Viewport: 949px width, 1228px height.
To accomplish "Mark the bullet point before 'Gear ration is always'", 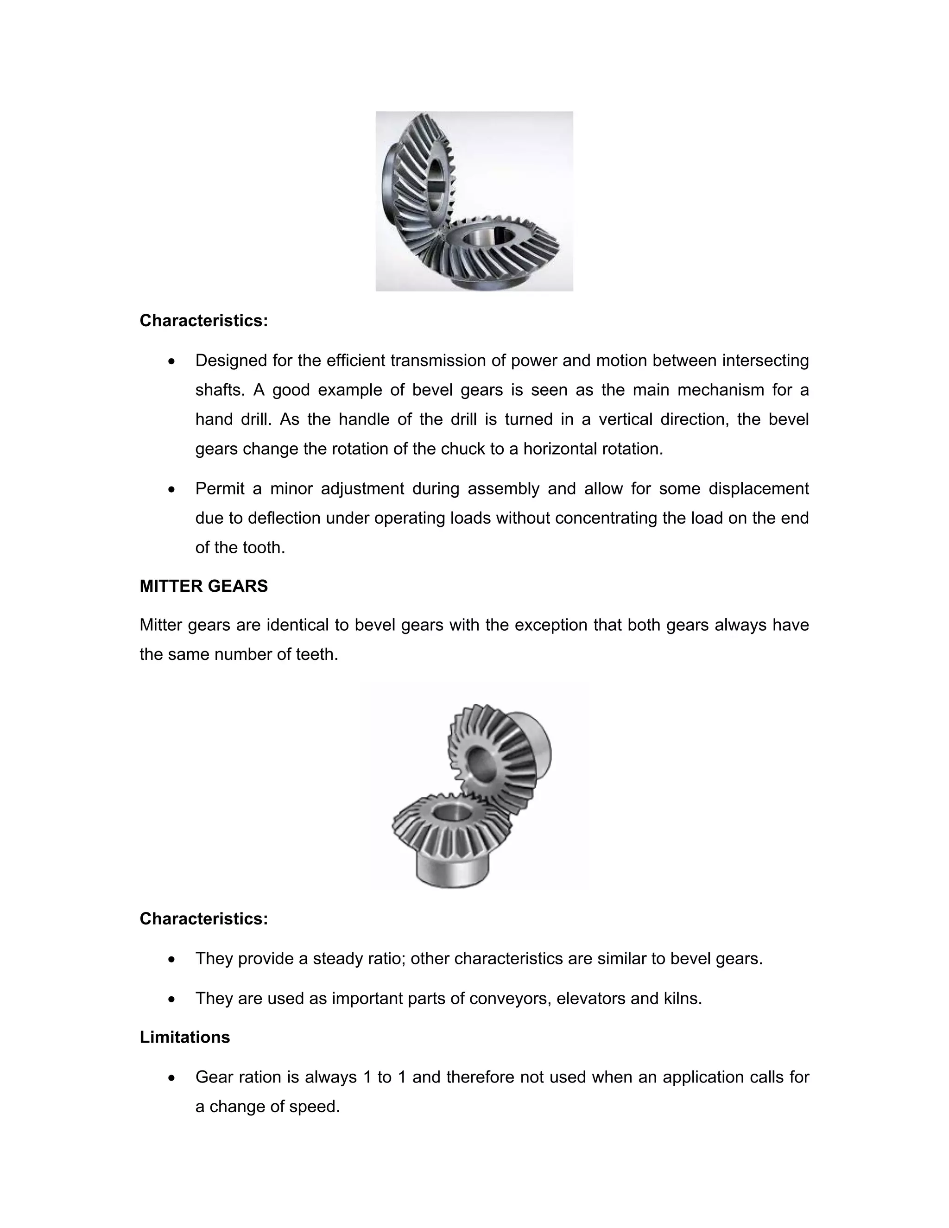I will pyautogui.click(x=172, y=1078).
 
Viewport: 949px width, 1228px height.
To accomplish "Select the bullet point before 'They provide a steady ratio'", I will pyautogui.click(x=172, y=959).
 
